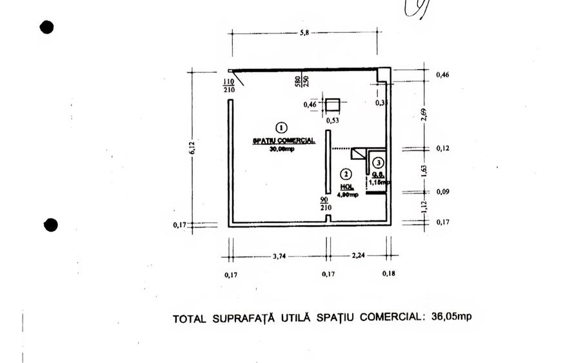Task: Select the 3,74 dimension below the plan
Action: (x=279, y=256)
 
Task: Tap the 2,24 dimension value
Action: (x=359, y=256)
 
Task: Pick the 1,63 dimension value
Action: (x=424, y=171)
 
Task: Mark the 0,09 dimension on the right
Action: (x=444, y=191)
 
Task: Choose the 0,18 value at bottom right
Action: (x=388, y=274)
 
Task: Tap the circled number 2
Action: (x=346, y=173)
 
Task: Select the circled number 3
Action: (x=379, y=163)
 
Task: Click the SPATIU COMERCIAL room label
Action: (x=283, y=140)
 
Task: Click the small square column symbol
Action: (x=333, y=105)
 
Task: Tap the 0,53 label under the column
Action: (x=333, y=120)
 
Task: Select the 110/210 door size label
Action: (x=228, y=85)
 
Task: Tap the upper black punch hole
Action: (x=46, y=27)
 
